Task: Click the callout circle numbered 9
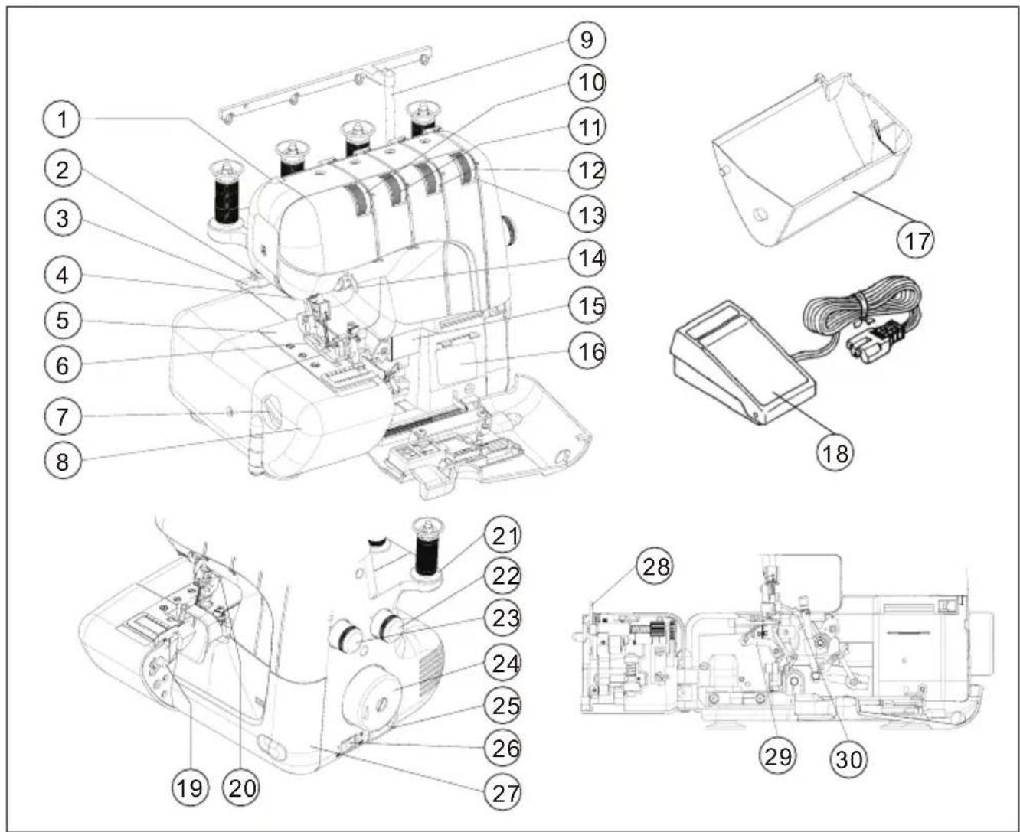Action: [587, 40]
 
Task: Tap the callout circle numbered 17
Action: [917, 240]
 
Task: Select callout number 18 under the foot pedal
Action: [835, 453]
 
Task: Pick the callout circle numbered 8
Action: [62, 462]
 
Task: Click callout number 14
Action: [587, 259]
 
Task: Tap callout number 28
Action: [655, 567]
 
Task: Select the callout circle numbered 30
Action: [848, 760]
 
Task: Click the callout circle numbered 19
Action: [190, 789]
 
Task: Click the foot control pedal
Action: [742, 365]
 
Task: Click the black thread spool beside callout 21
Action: [427, 550]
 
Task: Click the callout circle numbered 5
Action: [62, 320]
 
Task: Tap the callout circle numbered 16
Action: [587, 351]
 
